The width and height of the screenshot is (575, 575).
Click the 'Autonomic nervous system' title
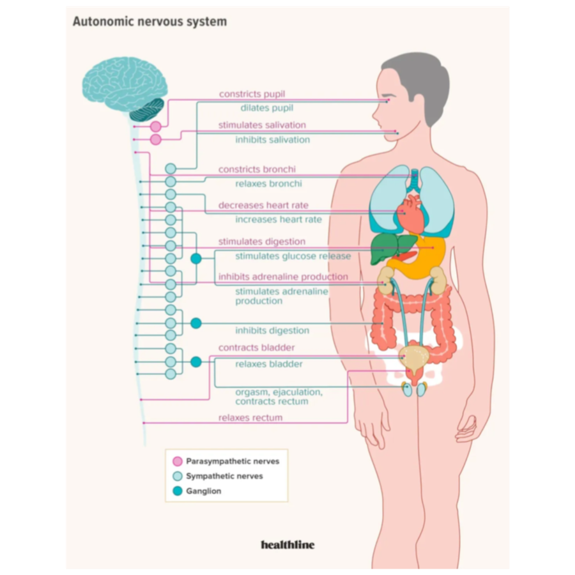(x=149, y=21)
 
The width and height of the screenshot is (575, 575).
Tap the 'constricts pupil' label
(x=252, y=94)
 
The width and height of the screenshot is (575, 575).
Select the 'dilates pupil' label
(x=266, y=108)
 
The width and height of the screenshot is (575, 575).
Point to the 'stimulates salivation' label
(x=262, y=125)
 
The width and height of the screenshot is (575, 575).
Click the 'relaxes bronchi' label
(x=268, y=183)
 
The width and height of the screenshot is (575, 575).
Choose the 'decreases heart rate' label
(x=263, y=205)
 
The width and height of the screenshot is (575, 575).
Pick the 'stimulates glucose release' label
(x=293, y=256)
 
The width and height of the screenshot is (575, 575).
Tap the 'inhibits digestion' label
(x=272, y=330)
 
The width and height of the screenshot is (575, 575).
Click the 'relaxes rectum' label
(x=250, y=418)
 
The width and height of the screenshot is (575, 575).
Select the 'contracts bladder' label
(x=256, y=348)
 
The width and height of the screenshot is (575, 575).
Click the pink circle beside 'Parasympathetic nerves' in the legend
(x=178, y=461)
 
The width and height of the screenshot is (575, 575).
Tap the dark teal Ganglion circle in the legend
(x=178, y=491)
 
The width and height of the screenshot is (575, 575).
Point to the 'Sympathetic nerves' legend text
(x=224, y=476)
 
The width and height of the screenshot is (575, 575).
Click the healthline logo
(x=288, y=544)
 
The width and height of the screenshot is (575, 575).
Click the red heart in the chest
(x=411, y=215)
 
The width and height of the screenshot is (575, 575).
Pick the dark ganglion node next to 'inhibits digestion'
(x=196, y=323)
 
